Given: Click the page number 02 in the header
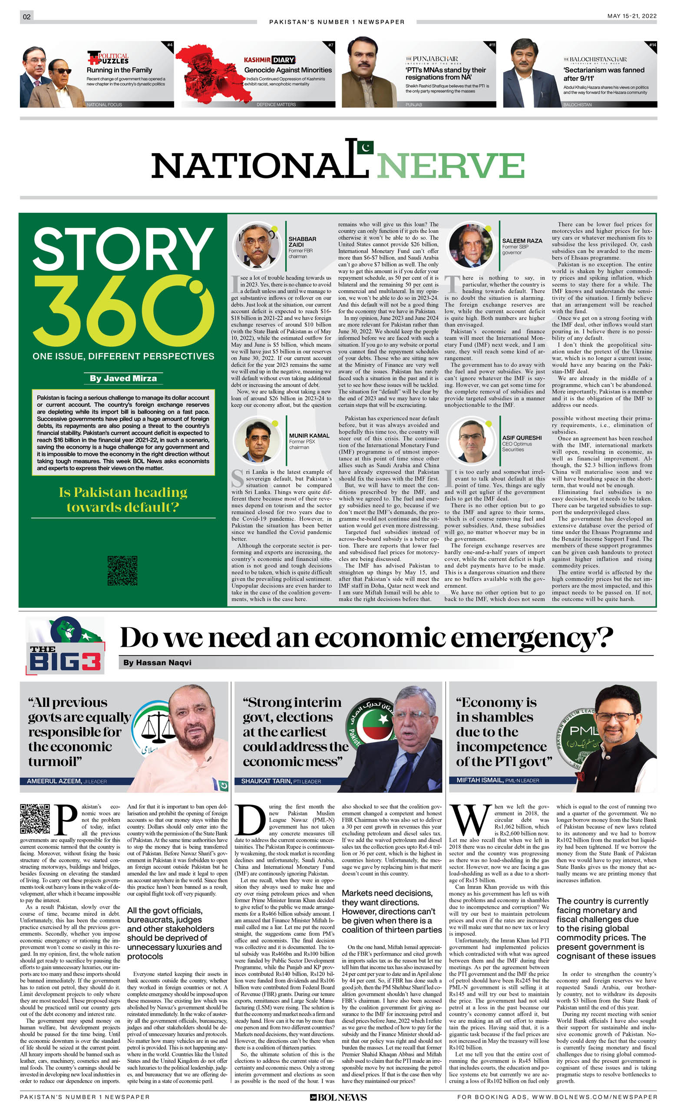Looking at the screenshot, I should coord(26,16).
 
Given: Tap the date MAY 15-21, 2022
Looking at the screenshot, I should coord(631,16).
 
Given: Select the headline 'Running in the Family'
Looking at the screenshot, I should coord(119,70).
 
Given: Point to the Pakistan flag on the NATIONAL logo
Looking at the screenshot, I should coord(365,147).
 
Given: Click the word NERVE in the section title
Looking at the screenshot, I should coord(450,166).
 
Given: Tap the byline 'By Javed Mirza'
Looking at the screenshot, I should coord(123,378).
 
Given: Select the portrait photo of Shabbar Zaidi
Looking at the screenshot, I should coord(257,245).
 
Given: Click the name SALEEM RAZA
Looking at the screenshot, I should coord(522,241).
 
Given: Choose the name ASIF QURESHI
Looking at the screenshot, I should coord(522,438).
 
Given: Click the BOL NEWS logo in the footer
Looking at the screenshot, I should coord(338,1097).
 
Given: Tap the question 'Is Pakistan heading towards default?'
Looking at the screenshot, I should coord(123,500).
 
